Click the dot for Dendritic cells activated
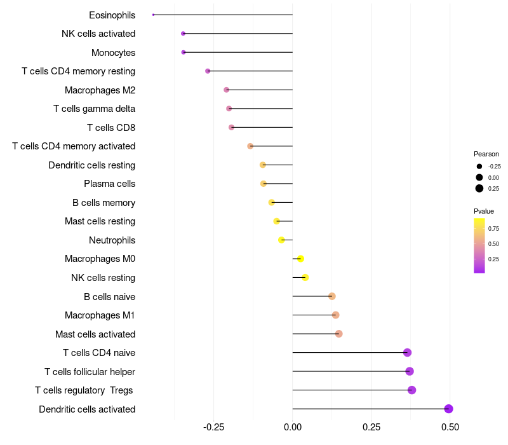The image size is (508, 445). tap(448, 409)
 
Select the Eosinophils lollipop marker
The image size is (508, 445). tap(154, 15)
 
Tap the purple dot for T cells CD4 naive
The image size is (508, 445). tap(407, 353)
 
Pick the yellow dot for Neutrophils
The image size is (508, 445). tap(281, 240)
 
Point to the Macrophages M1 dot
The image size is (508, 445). tap(335, 315)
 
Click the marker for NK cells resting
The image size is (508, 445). tap(305, 277)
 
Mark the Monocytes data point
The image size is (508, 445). tap(184, 52)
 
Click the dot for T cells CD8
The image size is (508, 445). tap(231, 127)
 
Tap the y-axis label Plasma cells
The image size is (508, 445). tap(109, 184)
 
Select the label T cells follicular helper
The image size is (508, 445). tap(90, 371)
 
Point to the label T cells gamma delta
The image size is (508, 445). tap(94, 109)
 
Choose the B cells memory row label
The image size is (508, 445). tap(104, 203)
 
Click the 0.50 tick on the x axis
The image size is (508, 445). tap(450, 427)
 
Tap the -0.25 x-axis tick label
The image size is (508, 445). tap(213, 427)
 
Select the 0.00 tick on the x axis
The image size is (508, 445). tap(292, 427)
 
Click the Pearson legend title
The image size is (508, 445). tap(486, 154)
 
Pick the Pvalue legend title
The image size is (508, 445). tap(483, 211)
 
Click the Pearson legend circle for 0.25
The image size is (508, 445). tap(479, 188)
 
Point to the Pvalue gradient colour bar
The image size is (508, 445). tap(479, 245)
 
